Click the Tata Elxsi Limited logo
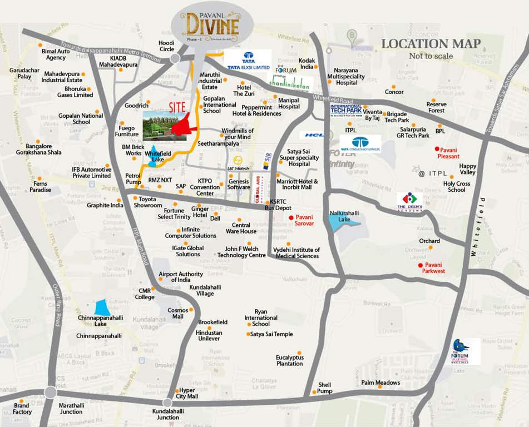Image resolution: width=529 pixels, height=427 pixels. [x=248, y=61]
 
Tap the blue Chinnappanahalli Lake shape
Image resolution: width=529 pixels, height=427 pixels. [x=101, y=307]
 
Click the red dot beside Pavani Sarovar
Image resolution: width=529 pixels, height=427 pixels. [x=291, y=217]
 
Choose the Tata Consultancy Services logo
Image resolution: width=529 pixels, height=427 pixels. [x=360, y=144]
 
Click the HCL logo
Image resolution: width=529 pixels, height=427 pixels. [x=314, y=135]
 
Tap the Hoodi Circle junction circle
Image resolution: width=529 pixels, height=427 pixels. [x=176, y=58]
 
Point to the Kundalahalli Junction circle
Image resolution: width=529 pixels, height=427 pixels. [x=167, y=403]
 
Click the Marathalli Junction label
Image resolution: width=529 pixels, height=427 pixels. [x=71, y=409]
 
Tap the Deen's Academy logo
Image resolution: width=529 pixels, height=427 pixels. [x=410, y=201]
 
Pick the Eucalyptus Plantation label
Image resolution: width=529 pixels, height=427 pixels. [x=289, y=360]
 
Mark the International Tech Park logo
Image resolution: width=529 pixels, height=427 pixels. [x=346, y=110]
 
